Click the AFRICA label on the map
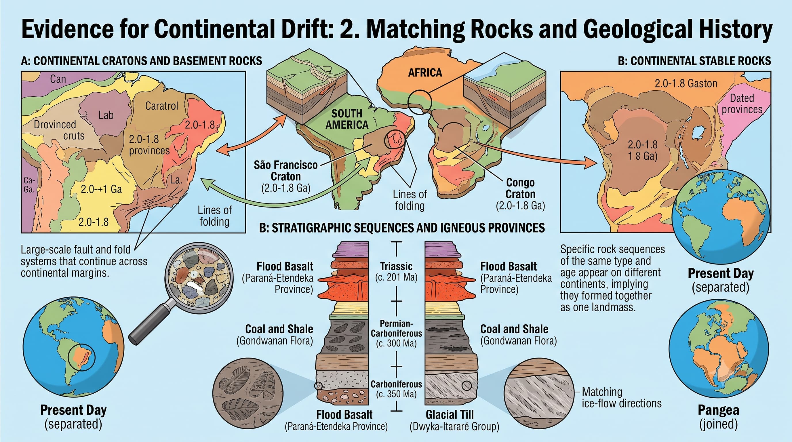[425, 73]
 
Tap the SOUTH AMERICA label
[347, 119]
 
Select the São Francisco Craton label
[285, 176]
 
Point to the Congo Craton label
[521, 194]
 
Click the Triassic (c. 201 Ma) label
[396, 271]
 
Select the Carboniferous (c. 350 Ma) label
[396, 389]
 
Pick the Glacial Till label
[450, 414]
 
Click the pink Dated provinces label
[742, 104]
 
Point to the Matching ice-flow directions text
[621, 397]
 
